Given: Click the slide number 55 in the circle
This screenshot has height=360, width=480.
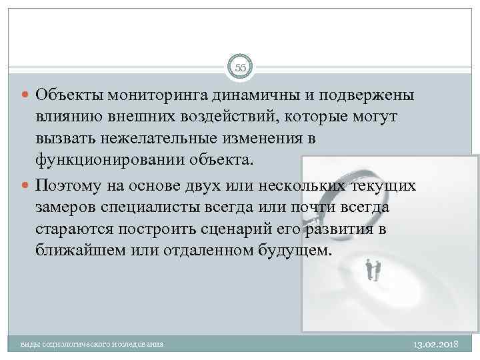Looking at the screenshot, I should (x=240, y=67).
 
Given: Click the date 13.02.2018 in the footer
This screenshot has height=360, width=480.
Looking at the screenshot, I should (x=437, y=343).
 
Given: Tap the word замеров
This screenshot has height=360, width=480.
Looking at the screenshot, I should (x=67, y=207).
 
